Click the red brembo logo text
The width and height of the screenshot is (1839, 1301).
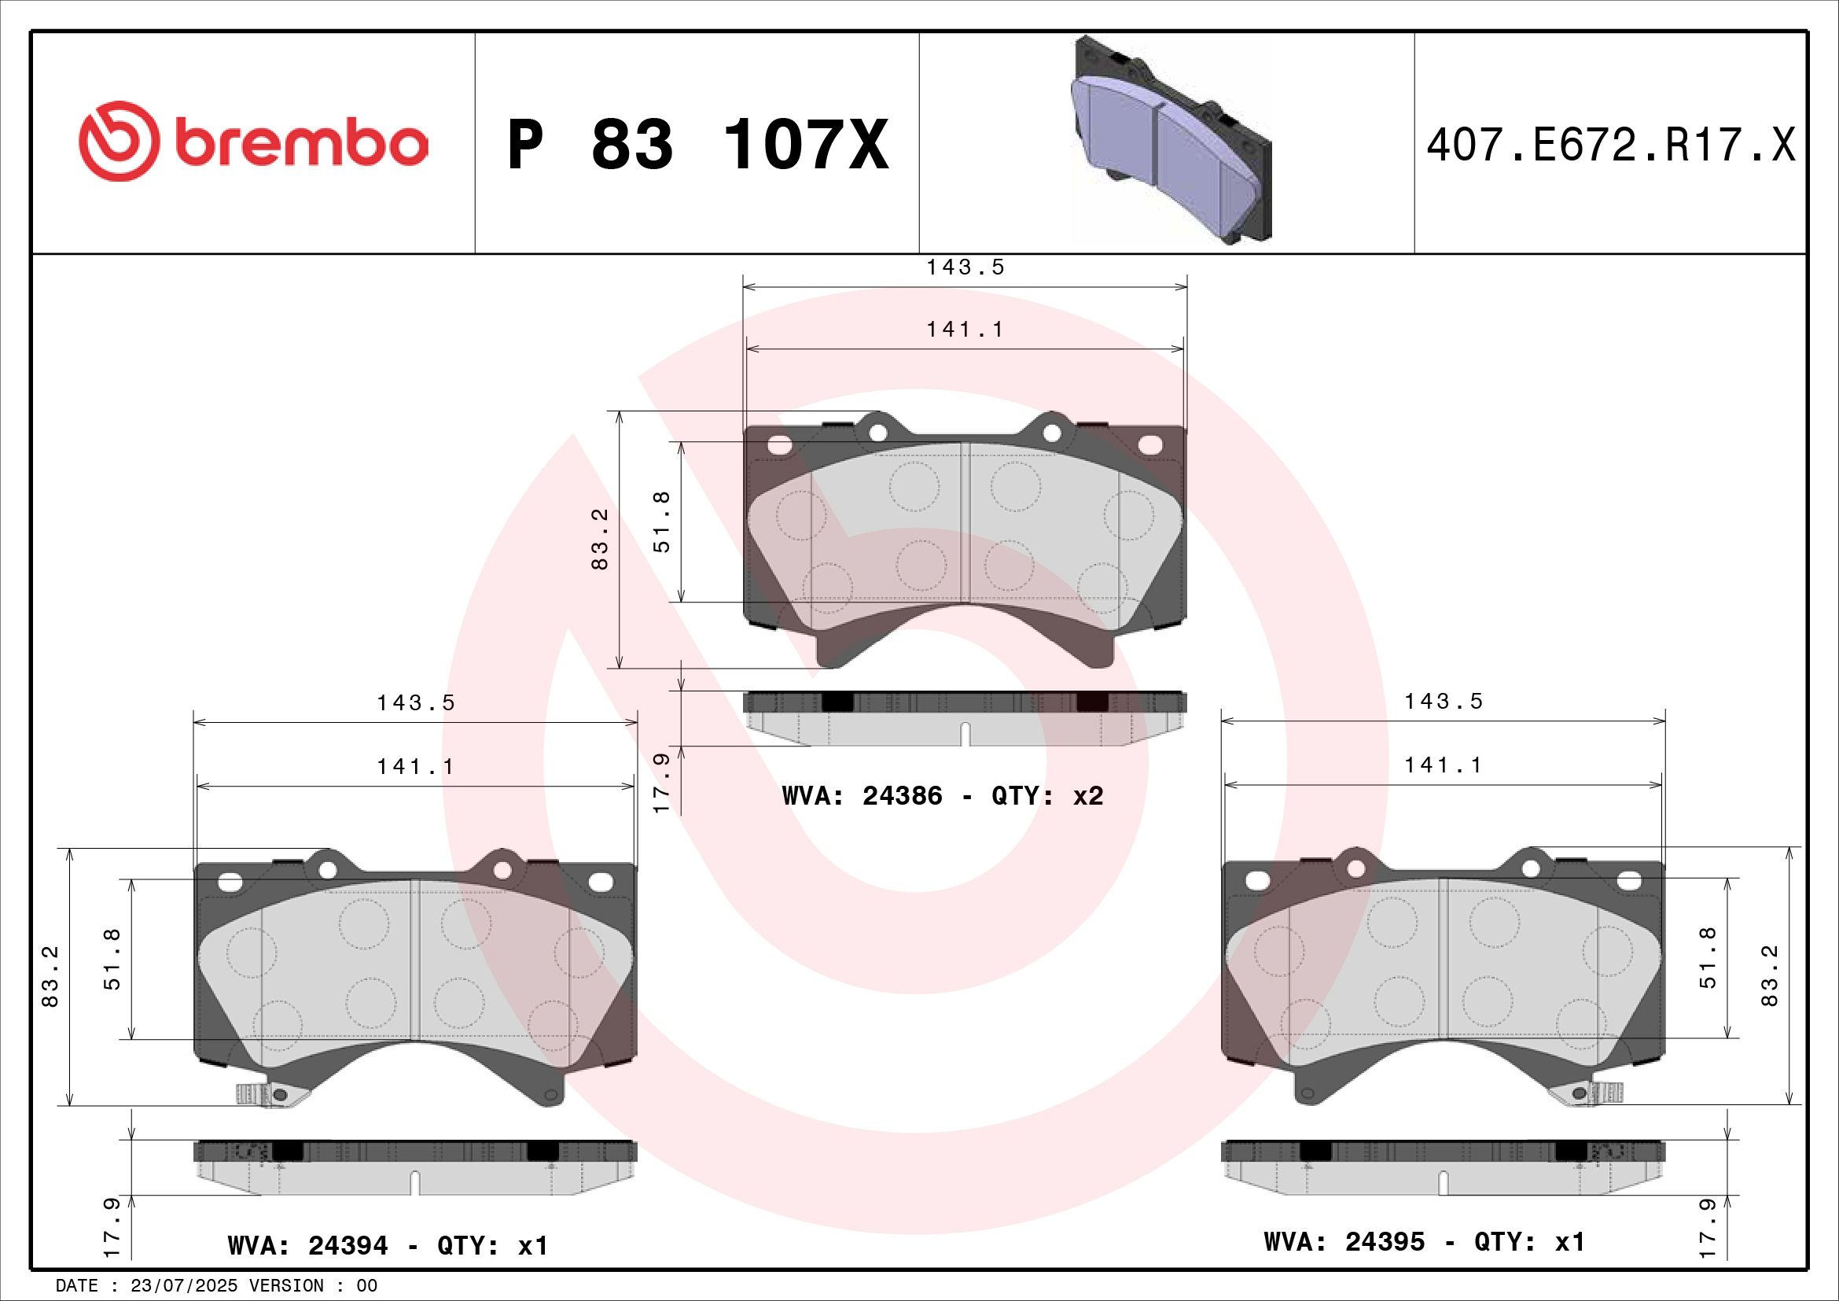pyautogui.click(x=300, y=143)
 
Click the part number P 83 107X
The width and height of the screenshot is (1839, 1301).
pyautogui.click(x=697, y=145)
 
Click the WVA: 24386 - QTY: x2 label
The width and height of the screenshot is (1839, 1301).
pyautogui.click(x=942, y=796)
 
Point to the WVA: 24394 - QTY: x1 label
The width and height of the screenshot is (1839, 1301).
pyautogui.click(x=388, y=1246)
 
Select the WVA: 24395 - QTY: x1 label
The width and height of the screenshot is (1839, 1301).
pyautogui.click(x=1424, y=1242)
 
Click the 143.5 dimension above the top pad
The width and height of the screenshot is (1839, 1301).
pyautogui.click(x=965, y=267)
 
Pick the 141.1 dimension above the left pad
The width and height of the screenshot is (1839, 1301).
pyautogui.click(x=416, y=768)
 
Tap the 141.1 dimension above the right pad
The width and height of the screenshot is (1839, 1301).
pyautogui.click(x=1444, y=766)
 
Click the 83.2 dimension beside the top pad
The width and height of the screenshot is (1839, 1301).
pyautogui.click(x=600, y=539)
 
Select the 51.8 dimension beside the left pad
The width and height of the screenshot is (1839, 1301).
pyautogui.click(x=112, y=959)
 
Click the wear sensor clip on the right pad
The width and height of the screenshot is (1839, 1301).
pyautogui.click(x=1594, y=1093)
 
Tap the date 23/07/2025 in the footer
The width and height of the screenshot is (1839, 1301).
pyautogui.click(x=183, y=1286)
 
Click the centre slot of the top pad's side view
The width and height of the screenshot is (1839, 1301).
pyautogui.click(x=965, y=733)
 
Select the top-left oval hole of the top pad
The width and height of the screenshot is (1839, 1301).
pyautogui.click(x=778, y=445)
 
